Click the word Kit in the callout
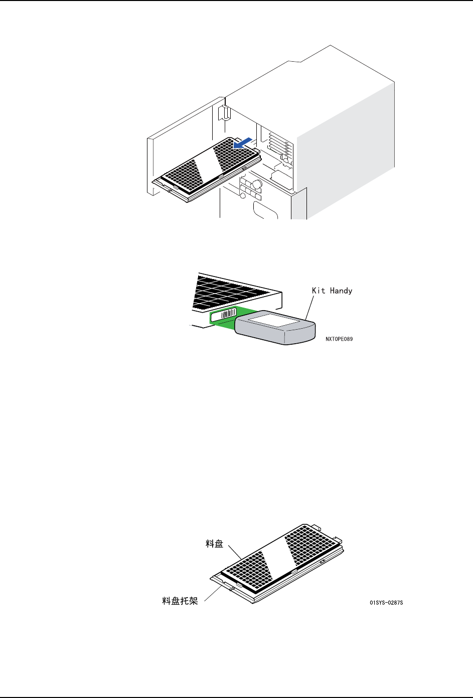pos(319,291)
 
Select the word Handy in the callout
pos(341,291)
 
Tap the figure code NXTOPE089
pos(339,339)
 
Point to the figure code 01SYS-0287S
pos(386,602)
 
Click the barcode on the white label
pos(228,314)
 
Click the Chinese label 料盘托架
pos(180,601)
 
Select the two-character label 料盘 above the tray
pos(214,544)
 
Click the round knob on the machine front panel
pos(257,184)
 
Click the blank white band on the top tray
pos(206,164)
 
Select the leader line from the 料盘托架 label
pos(213,592)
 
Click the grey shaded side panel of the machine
pos(346,146)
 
